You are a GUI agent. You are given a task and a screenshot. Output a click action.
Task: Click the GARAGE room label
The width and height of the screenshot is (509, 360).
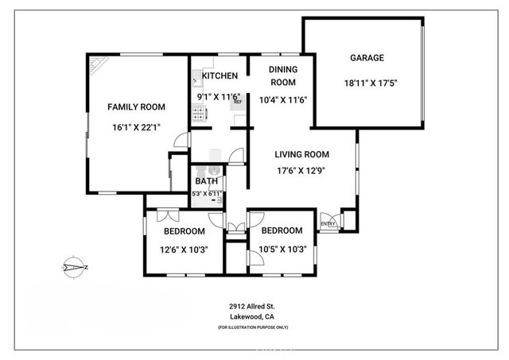point(367,58)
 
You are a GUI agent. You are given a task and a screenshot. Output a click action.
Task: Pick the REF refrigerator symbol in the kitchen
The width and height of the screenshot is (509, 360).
point(237,101)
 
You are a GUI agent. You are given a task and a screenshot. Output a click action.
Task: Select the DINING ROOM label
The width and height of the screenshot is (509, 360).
point(282,76)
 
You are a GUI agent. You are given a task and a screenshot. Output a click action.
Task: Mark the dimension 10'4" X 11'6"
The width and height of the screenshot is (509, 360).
point(283,100)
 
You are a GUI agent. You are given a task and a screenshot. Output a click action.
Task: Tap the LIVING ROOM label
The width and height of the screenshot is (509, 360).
point(302,155)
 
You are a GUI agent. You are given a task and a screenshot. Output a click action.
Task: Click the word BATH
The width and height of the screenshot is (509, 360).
point(207,181)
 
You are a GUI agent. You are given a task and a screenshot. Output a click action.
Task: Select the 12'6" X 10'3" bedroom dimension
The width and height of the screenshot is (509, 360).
point(185,250)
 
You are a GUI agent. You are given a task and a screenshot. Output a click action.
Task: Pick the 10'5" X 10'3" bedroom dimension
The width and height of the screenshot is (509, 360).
point(283,250)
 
